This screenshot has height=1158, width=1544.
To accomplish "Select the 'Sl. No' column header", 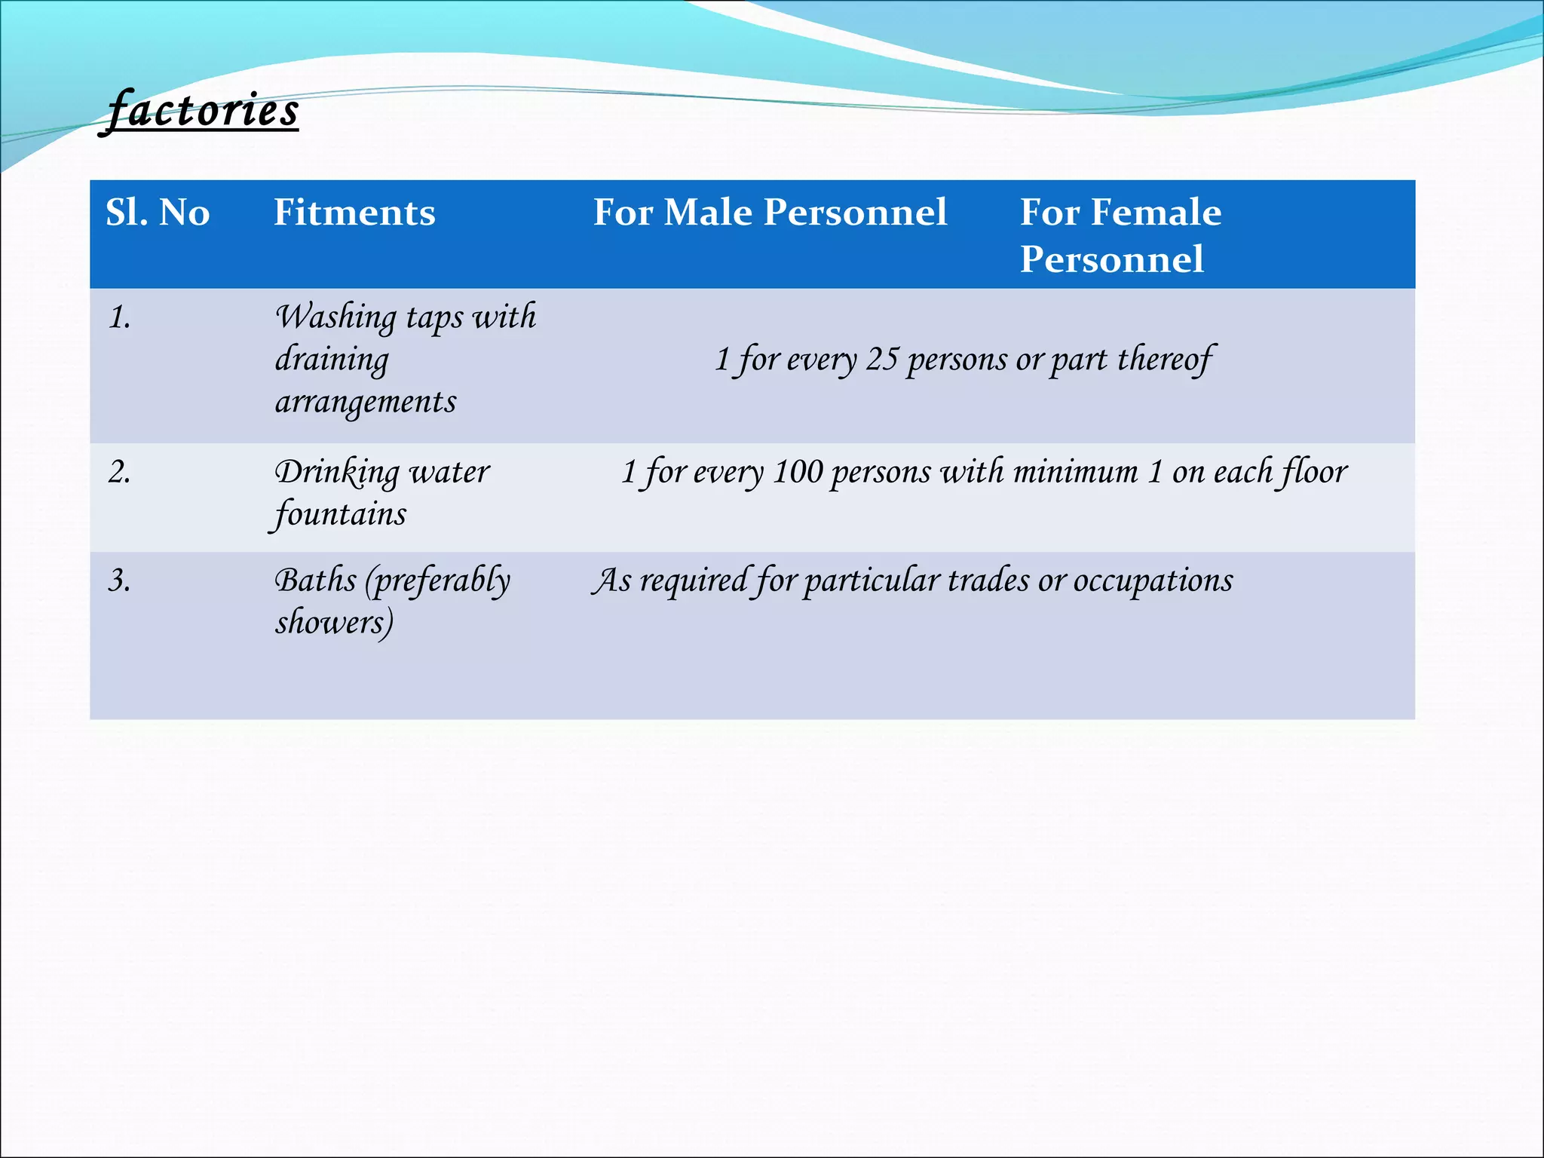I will (x=158, y=213).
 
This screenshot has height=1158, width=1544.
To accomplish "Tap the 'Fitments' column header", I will (x=354, y=213).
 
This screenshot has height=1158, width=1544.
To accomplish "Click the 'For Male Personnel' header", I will (x=770, y=213).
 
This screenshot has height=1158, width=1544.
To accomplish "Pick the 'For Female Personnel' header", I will (x=1120, y=235).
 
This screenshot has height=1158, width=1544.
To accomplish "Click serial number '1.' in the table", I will (x=119, y=317).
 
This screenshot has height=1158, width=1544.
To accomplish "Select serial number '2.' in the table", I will (x=119, y=473).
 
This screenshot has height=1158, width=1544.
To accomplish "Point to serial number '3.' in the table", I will (x=119, y=581).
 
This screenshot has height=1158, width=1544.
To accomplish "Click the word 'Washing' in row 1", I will (x=335, y=317).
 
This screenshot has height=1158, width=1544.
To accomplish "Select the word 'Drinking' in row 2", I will (x=336, y=473).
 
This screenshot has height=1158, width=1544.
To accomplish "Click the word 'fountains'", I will (x=340, y=515).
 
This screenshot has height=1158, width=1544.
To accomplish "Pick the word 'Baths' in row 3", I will (x=315, y=581).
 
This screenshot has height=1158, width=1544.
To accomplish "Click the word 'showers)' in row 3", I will (x=334, y=623).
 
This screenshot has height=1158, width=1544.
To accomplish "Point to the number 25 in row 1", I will (x=881, y=360).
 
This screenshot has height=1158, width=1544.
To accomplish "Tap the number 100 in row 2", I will (x=798, y=473).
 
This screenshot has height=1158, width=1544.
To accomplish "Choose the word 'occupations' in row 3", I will (x=1153, y=581).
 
